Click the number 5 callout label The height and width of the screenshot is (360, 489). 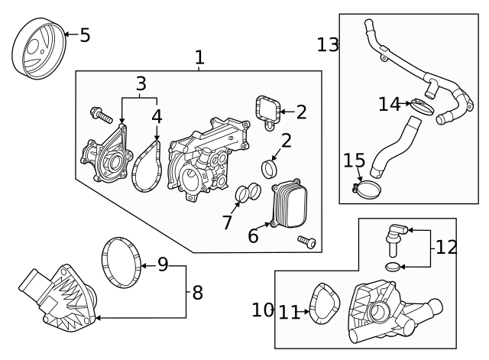click(84, 34)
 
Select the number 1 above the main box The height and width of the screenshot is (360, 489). click(199, 57)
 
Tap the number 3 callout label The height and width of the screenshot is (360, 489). click(141, 84)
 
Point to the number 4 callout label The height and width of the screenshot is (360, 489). click(157, 117)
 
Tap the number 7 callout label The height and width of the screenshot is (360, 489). click(226, 222)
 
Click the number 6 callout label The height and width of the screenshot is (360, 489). click(253, 236)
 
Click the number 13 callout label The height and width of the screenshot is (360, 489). click(329, 45)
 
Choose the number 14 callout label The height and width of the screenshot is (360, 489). click(388, 104)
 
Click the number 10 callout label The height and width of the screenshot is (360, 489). click(263, 310)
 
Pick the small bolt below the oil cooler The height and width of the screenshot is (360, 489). click(306, 242)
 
